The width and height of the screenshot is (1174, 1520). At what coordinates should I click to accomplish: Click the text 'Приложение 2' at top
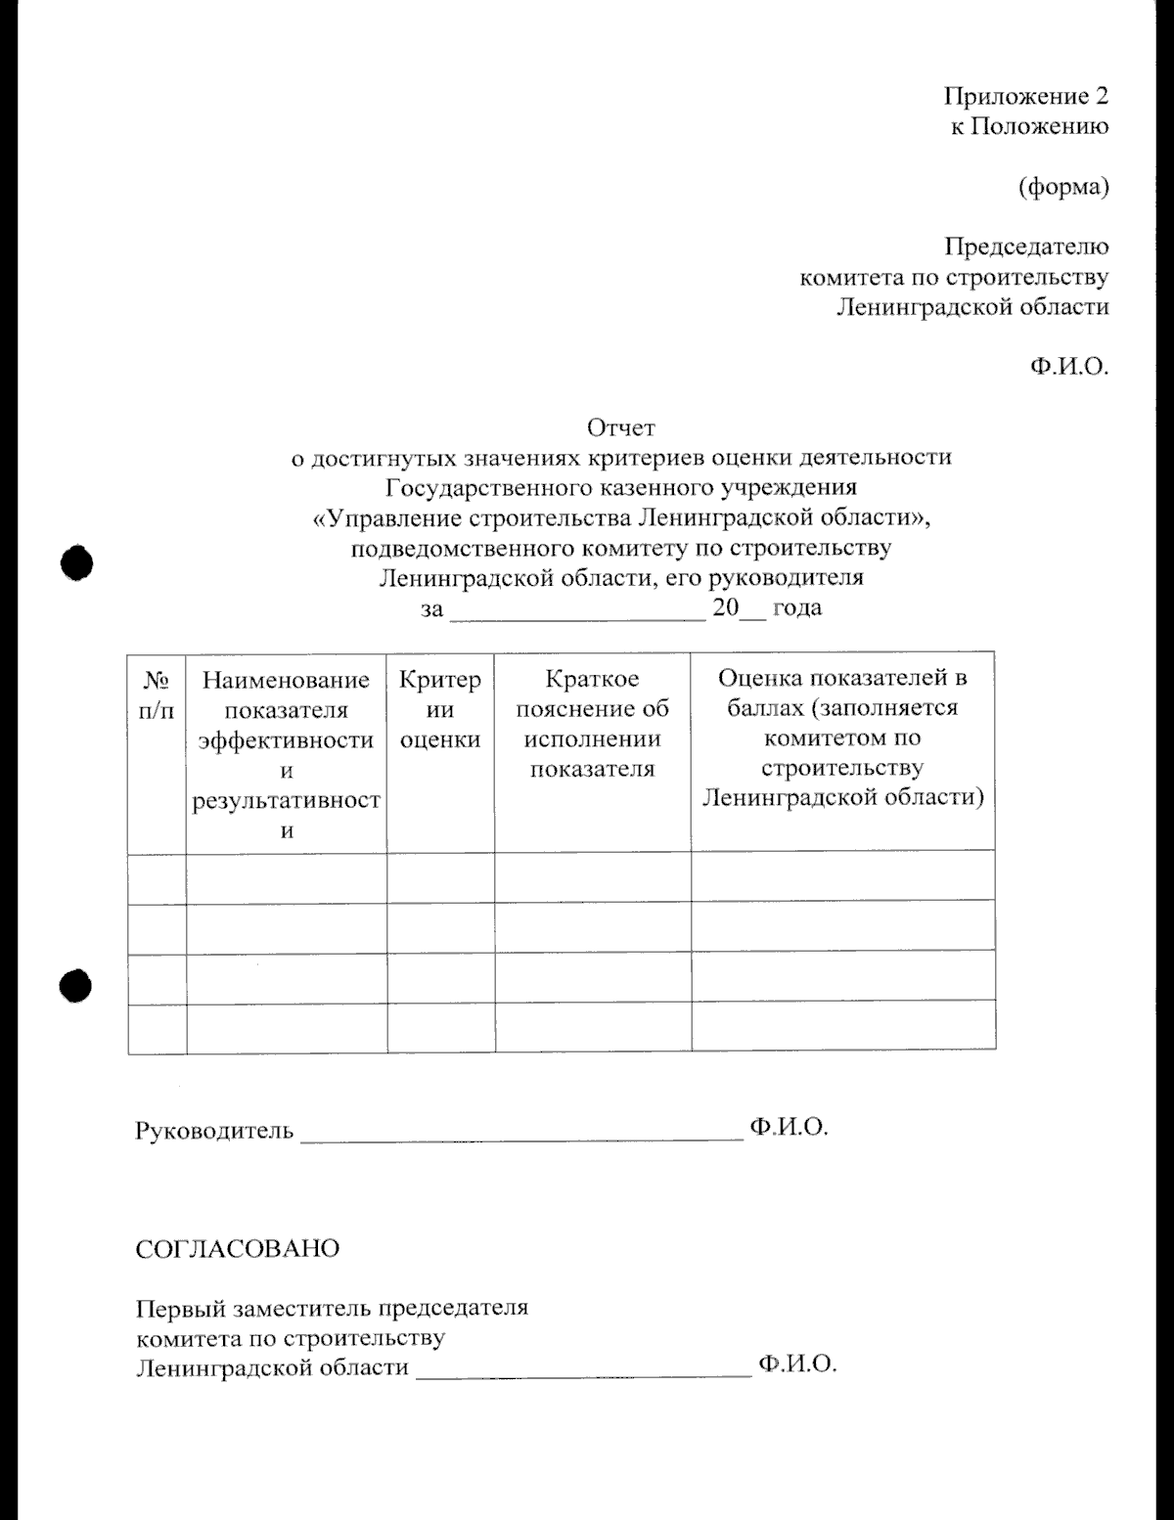[1025, 96]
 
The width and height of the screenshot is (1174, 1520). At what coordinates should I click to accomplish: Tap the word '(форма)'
[1063, 187]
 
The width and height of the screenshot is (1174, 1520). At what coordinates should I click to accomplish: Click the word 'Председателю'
[1025, 246]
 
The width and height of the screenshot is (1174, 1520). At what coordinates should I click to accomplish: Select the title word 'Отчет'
[620, 427]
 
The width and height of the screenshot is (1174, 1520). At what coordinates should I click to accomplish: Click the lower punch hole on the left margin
[76, 986]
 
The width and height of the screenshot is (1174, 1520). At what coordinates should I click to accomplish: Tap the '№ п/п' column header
[157, 694]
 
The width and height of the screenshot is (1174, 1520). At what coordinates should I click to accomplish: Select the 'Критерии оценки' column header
[440, 709]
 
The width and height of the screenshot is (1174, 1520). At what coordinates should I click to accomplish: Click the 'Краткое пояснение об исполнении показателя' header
[592, 724]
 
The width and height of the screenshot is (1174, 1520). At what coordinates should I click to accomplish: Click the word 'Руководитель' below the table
[213, 1131]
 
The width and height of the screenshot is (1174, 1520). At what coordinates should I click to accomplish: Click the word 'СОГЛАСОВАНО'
[237, 1249]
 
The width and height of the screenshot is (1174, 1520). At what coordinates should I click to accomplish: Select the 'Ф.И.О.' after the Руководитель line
[789, 1127]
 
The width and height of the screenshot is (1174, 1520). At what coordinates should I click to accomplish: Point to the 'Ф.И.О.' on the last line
[796, 1364]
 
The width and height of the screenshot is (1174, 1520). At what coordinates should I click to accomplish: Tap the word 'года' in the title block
[796, 607]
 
